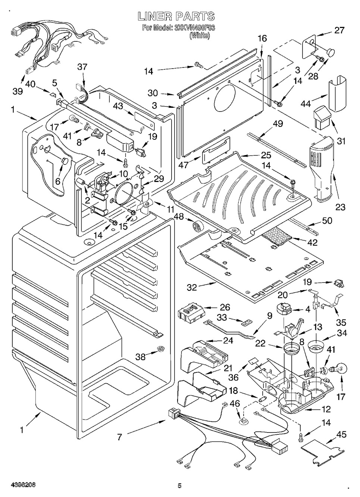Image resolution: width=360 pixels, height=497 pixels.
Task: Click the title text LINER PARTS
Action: (x=176, y=16)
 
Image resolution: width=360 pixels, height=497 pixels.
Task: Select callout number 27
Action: (x=339, y=30)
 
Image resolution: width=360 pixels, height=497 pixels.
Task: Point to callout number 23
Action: (x=340, y=207)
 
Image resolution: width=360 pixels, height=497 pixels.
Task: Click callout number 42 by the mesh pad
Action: (x=312, y=242)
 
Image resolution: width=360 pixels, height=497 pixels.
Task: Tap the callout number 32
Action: (x=192, y=287)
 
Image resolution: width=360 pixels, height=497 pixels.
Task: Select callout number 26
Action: (x=225, y=307)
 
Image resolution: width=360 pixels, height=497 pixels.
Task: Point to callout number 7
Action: (x=119, y=437)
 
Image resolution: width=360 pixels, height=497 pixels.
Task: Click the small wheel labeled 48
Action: (x=196, y=226)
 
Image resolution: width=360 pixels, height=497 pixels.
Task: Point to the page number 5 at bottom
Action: (x=179, y=485)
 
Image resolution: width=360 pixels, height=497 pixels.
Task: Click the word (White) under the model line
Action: (x=200, y=35)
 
